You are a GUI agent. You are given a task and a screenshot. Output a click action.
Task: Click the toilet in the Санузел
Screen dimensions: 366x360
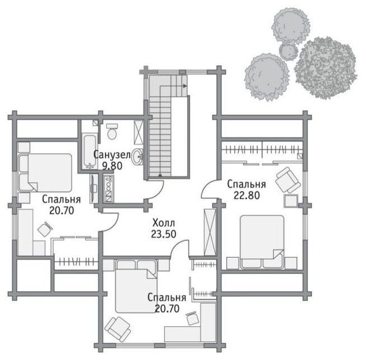pyautogui.click(x=112, y=131)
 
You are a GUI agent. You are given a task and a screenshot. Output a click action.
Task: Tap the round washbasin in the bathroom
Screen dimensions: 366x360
pyautogui.click(x=137, y=157)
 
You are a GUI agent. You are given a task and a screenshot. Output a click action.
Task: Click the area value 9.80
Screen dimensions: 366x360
pyautogui.click(x=112, y=166)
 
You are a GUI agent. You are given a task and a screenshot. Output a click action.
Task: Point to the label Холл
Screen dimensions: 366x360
pyautogui.click(x=163, y=223)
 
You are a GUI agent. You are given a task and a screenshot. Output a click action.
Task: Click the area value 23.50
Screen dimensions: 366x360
pyautogui.click(x=163, y=234)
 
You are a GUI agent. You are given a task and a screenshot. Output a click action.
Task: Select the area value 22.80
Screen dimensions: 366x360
pyautogui.click(x=247, y=195)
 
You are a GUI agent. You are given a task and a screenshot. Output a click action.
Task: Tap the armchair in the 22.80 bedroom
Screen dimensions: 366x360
pyautogui.click(x=288, y=180)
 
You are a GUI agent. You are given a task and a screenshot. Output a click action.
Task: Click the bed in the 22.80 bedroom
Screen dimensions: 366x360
pyautogui.click(x=262, y=242)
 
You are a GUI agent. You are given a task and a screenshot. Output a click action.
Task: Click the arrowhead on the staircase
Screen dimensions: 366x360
pyautogui.click(x=185, y=86)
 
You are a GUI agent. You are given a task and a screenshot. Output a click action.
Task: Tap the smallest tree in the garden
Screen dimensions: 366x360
pyautogui.click(x=288, y=51)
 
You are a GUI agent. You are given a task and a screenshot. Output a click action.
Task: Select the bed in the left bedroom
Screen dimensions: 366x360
pyautogui.click(x=45, y=173)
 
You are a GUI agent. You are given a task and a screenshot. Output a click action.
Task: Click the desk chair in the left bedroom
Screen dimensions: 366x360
pyautogui.click(x=45, y=229)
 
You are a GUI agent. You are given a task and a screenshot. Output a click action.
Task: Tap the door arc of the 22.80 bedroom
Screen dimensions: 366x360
pyautogui.click(x=207, y=187)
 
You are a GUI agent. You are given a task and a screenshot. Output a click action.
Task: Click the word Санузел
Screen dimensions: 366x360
pyautogui.click(x=112, y=155)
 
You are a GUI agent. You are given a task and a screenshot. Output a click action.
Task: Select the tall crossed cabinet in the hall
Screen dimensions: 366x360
pyautogui.click(x=210, y=233)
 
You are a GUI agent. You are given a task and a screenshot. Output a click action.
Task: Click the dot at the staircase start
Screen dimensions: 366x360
pyautogui.click(x=160, y=175)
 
